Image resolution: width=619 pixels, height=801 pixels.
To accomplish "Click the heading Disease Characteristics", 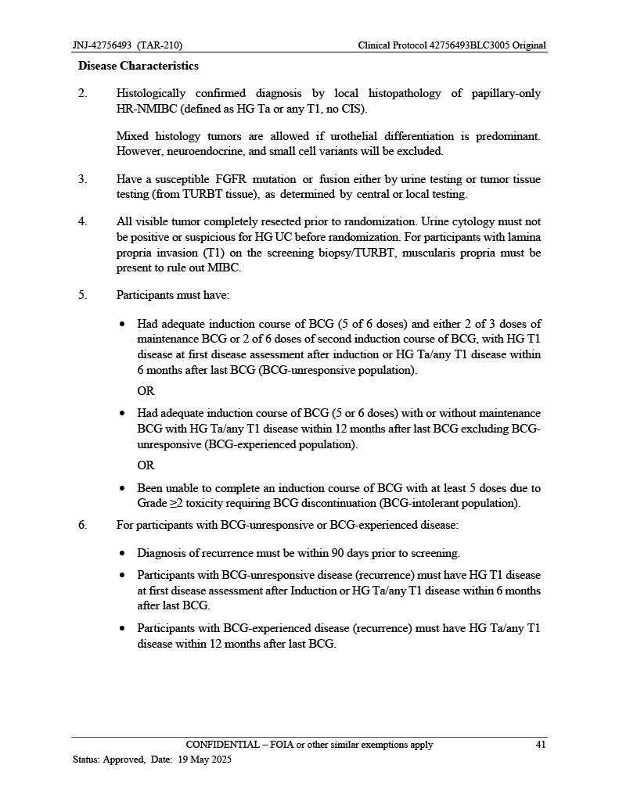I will (x=138, y=66).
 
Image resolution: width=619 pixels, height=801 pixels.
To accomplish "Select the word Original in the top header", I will (x=524, y=45).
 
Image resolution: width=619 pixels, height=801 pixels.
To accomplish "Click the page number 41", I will (x=540, y=745).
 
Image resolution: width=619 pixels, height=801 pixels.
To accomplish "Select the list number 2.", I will (x=82, y=94).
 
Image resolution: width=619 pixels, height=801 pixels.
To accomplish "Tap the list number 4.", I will (x=82, y=221).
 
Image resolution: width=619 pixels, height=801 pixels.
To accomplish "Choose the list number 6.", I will (x=82, y=524).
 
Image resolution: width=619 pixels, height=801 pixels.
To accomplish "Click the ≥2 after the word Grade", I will (x=176, y=503).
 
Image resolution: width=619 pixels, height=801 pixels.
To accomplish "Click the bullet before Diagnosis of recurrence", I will (x=124, y=553).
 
